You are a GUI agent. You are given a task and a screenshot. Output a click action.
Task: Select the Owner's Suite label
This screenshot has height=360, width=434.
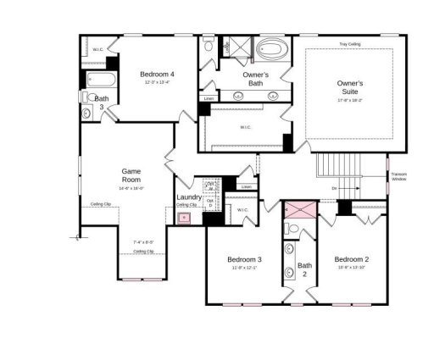350,87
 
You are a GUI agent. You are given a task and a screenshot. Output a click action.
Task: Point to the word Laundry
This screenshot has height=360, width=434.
189,197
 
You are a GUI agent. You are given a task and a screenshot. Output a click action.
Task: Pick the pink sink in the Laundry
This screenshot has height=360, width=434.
183,218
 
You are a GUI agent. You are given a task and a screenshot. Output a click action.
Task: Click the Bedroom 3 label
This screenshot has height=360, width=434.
244,259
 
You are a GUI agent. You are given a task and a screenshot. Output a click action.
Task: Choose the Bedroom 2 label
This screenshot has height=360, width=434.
351,259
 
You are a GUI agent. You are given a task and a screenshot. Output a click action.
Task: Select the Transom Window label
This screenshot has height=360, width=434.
399,177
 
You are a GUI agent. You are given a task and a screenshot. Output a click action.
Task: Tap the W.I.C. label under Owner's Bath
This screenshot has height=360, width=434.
245,127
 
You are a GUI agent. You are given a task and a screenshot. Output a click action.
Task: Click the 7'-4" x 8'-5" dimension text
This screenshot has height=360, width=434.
143,242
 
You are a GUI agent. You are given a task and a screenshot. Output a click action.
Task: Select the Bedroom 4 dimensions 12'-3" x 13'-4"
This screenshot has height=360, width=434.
158,82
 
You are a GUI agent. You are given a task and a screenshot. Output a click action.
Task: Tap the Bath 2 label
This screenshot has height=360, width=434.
304,269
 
